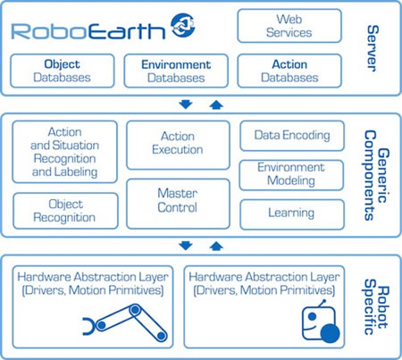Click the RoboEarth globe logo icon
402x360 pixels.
(x=183, y=25)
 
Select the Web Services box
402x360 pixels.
(x=289, y=26)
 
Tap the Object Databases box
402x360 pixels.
(x=63, y=71)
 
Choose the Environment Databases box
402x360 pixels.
(x=176, y=71)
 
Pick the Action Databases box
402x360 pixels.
(x=289, y=71)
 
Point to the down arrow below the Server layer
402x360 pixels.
(x=186, y=105)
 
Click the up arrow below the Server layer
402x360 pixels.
(x=216, y=105)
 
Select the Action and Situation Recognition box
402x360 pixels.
(x=65, y=152)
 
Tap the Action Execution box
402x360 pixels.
(x=178, y=145)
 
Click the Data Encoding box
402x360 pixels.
(x=292, y=136)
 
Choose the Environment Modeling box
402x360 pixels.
(x=291, y=175)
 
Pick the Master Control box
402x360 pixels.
(x=178, y=204)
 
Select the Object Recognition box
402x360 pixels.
(x=65, y=211)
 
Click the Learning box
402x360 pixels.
(x=292, y=214)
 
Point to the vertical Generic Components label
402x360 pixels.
(x=376, y=175)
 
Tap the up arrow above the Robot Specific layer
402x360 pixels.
(x=216, y=246)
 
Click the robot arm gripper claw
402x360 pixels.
(x=88, y=326)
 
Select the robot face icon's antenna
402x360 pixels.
(x=322, y=304)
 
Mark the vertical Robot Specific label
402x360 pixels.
(x=376, y=307)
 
